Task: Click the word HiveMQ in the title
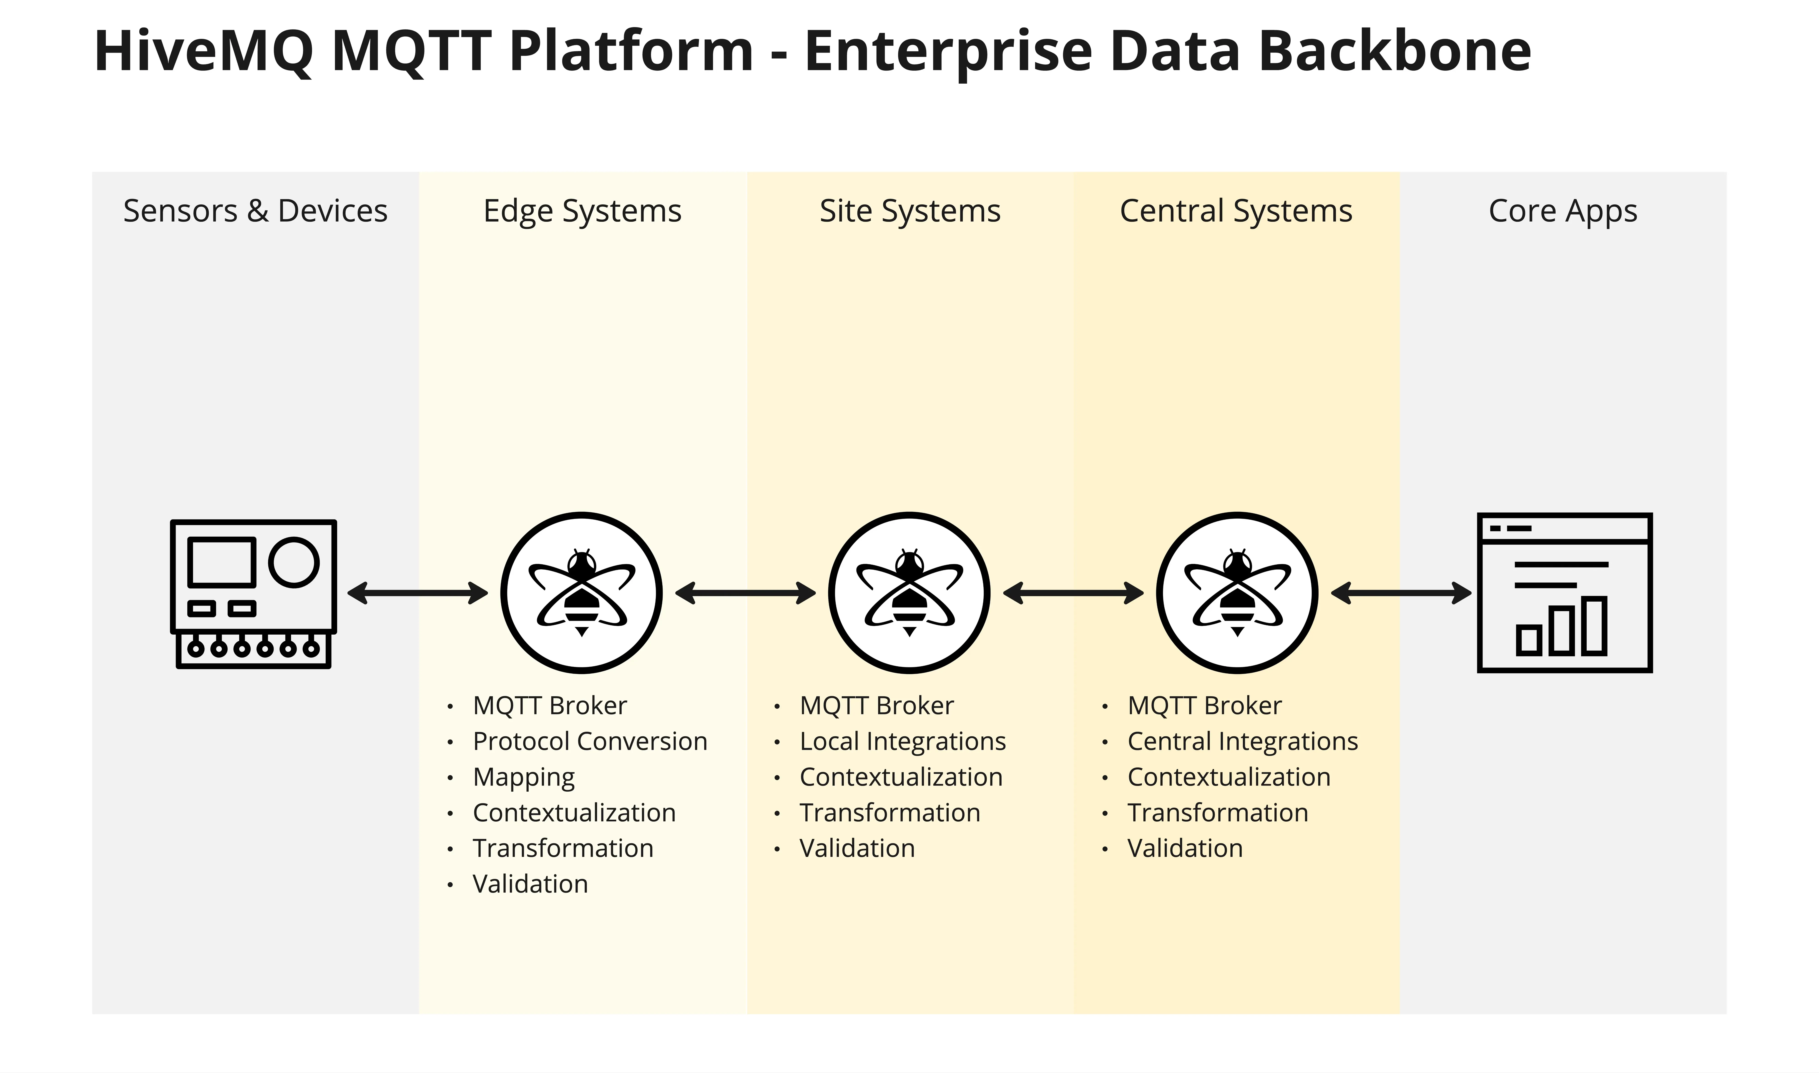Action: coord(204,52)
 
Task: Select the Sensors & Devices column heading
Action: coord(255,211)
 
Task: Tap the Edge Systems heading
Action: coord(582,211)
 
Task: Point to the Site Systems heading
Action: coord(910,211)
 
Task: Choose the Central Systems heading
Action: coord(1236,211)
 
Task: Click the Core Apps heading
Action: coord(1563,211)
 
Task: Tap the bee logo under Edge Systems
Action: coord(581,593)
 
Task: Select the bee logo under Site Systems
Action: coord(909,593)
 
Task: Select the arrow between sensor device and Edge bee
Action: coord(418,593)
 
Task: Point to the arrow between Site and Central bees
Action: coord(1073,593)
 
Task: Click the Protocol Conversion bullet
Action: coord(589,741)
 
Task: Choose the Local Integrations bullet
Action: coord(903,741)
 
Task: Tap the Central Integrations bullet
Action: coord(1243,741)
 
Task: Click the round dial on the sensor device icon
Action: coord(294,562)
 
